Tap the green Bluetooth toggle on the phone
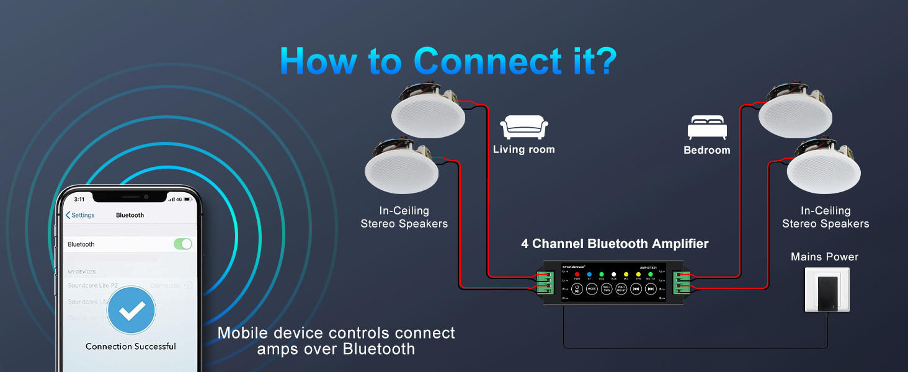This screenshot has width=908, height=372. (x=182, y=244)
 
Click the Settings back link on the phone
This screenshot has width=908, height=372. (x=80, y=215)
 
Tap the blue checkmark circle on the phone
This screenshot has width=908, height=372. (x=131, y=311)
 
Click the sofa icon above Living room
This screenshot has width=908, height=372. (x=523, y=126)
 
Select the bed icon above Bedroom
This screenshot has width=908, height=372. (x=706, y=128)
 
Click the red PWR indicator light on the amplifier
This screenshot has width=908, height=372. (x=576, y=274)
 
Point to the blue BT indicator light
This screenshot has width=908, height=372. (x=589, y=274)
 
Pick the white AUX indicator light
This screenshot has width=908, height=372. (x=613, y=274)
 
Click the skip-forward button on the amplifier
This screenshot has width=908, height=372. (x=651, y=289)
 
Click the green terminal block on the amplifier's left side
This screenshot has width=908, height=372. (x=545, y=281)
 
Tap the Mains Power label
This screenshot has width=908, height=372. (x=824, y=257)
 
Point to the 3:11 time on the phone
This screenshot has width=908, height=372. (x=79, y=199)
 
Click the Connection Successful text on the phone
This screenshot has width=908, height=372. (x=131, y=347)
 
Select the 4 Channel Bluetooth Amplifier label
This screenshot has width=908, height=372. (x=614, y=244)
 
